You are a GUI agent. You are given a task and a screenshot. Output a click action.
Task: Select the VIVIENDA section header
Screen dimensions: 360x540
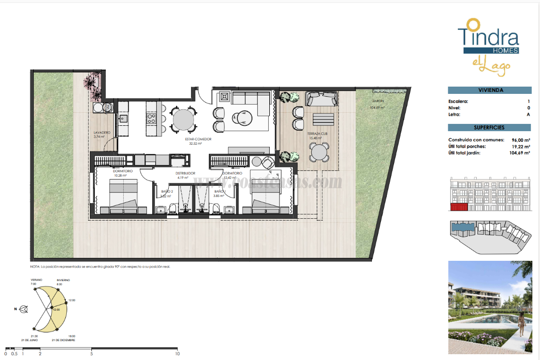[489, 90]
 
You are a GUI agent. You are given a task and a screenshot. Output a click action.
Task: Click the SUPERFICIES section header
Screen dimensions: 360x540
[489, 128]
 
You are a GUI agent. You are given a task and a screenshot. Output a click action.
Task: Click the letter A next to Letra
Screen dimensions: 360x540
[529, 115]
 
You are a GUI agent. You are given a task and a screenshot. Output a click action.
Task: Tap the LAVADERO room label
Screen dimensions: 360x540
[102, 132]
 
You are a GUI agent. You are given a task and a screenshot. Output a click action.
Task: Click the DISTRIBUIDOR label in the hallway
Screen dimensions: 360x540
[185, 173]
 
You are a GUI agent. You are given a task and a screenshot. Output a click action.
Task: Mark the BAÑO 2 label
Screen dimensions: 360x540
[167, 192]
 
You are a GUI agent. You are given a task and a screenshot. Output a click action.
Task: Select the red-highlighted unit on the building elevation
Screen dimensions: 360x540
[459, 207]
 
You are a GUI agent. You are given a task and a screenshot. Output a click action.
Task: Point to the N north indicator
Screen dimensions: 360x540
[15, 309]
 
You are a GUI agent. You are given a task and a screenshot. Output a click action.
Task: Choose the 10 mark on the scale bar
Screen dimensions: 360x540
[177, 353]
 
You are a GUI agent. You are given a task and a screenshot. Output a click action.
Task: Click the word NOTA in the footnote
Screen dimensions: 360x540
[35, 267]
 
